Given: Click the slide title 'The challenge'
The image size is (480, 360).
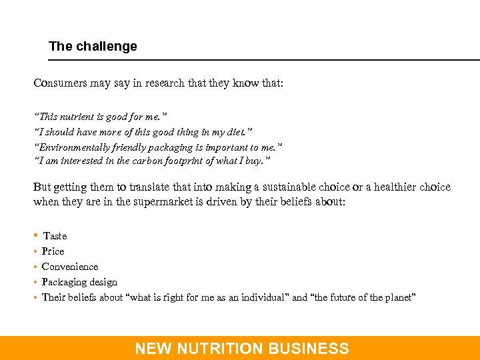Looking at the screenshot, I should pyautogui.click(x=93, y=47).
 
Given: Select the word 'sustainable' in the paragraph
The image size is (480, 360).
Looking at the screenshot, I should pyautogui.click(x=293, y=187).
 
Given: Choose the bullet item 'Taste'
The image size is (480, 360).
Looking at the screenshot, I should pyautogui.click(x=55, y=236).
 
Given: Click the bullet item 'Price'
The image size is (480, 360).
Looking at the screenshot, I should pyautogui.click(x=53, y=251).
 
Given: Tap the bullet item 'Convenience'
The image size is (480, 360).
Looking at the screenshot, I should pyautogui.click(x=70, y=267).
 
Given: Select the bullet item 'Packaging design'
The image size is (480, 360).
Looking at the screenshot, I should pyautogui.click(x=79, y=282).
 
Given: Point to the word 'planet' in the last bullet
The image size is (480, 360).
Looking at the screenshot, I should pyautogui.click(x=399, y=297).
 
